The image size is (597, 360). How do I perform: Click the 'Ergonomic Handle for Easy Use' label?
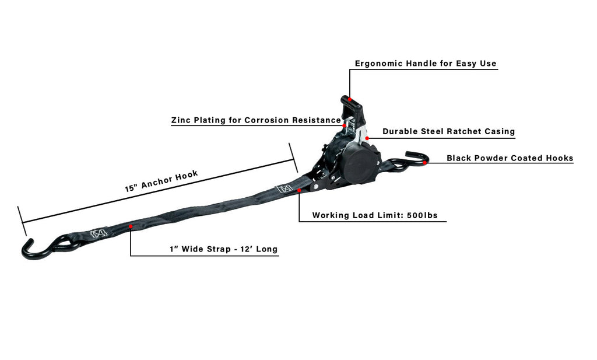click(426, 63)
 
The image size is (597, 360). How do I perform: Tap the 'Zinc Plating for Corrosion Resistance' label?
click(255, 120)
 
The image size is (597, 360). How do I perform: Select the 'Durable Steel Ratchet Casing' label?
click(448, 131)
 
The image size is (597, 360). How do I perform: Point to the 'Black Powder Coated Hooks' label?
click(510, 158)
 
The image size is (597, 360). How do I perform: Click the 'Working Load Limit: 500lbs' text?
click(374, 215)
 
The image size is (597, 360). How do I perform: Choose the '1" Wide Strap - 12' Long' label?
click(223, 250)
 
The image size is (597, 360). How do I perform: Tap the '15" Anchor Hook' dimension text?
click(161, 181)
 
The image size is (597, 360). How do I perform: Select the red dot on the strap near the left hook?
click(131, 226)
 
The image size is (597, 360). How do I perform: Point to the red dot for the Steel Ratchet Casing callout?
click(367, 138)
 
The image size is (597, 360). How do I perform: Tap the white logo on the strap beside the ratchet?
click(284, 189)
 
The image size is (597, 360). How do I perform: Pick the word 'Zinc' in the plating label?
click(181, 120)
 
